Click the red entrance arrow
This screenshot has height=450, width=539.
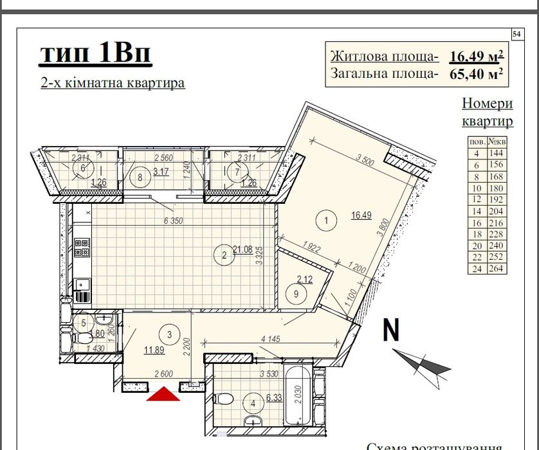click(x=163, y=393)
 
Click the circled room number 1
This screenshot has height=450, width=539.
click(x=327, y=221)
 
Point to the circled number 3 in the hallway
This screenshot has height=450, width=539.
click(x=169, y=333)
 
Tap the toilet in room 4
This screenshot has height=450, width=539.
click(x=222, y=399)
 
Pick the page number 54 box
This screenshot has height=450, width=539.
click(x=516, y=33)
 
